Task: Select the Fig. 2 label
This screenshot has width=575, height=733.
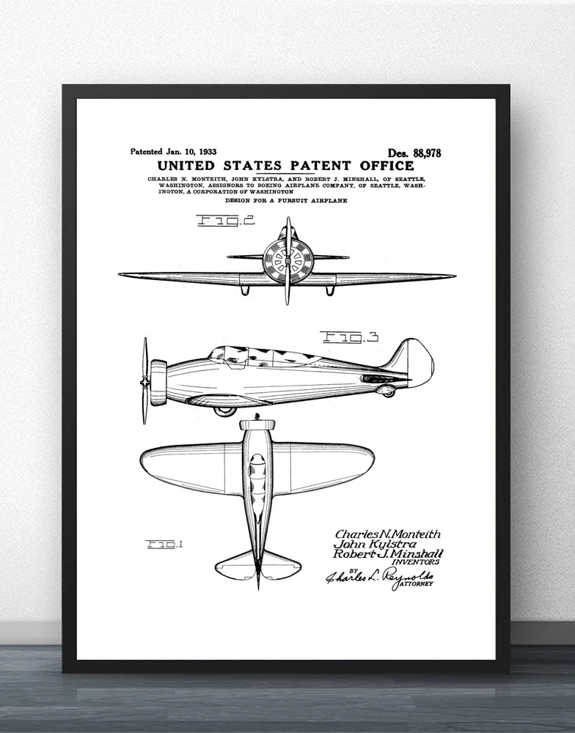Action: [x=226, y=220]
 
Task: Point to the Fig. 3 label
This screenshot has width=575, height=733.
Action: [x=349, y=337]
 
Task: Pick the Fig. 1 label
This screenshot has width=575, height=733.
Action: [x=165, y=545]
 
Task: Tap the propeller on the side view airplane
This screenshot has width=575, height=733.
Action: [x=145, y=380]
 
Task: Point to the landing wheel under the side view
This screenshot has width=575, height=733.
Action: [x=224, y=411]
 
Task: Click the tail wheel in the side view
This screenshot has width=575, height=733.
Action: [x=388, y=391]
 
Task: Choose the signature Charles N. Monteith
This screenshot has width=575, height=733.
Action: [x=388, y=534]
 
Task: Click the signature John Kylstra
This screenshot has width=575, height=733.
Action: [x=375, y=545]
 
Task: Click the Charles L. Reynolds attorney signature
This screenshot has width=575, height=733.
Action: [x=379, y=577]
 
